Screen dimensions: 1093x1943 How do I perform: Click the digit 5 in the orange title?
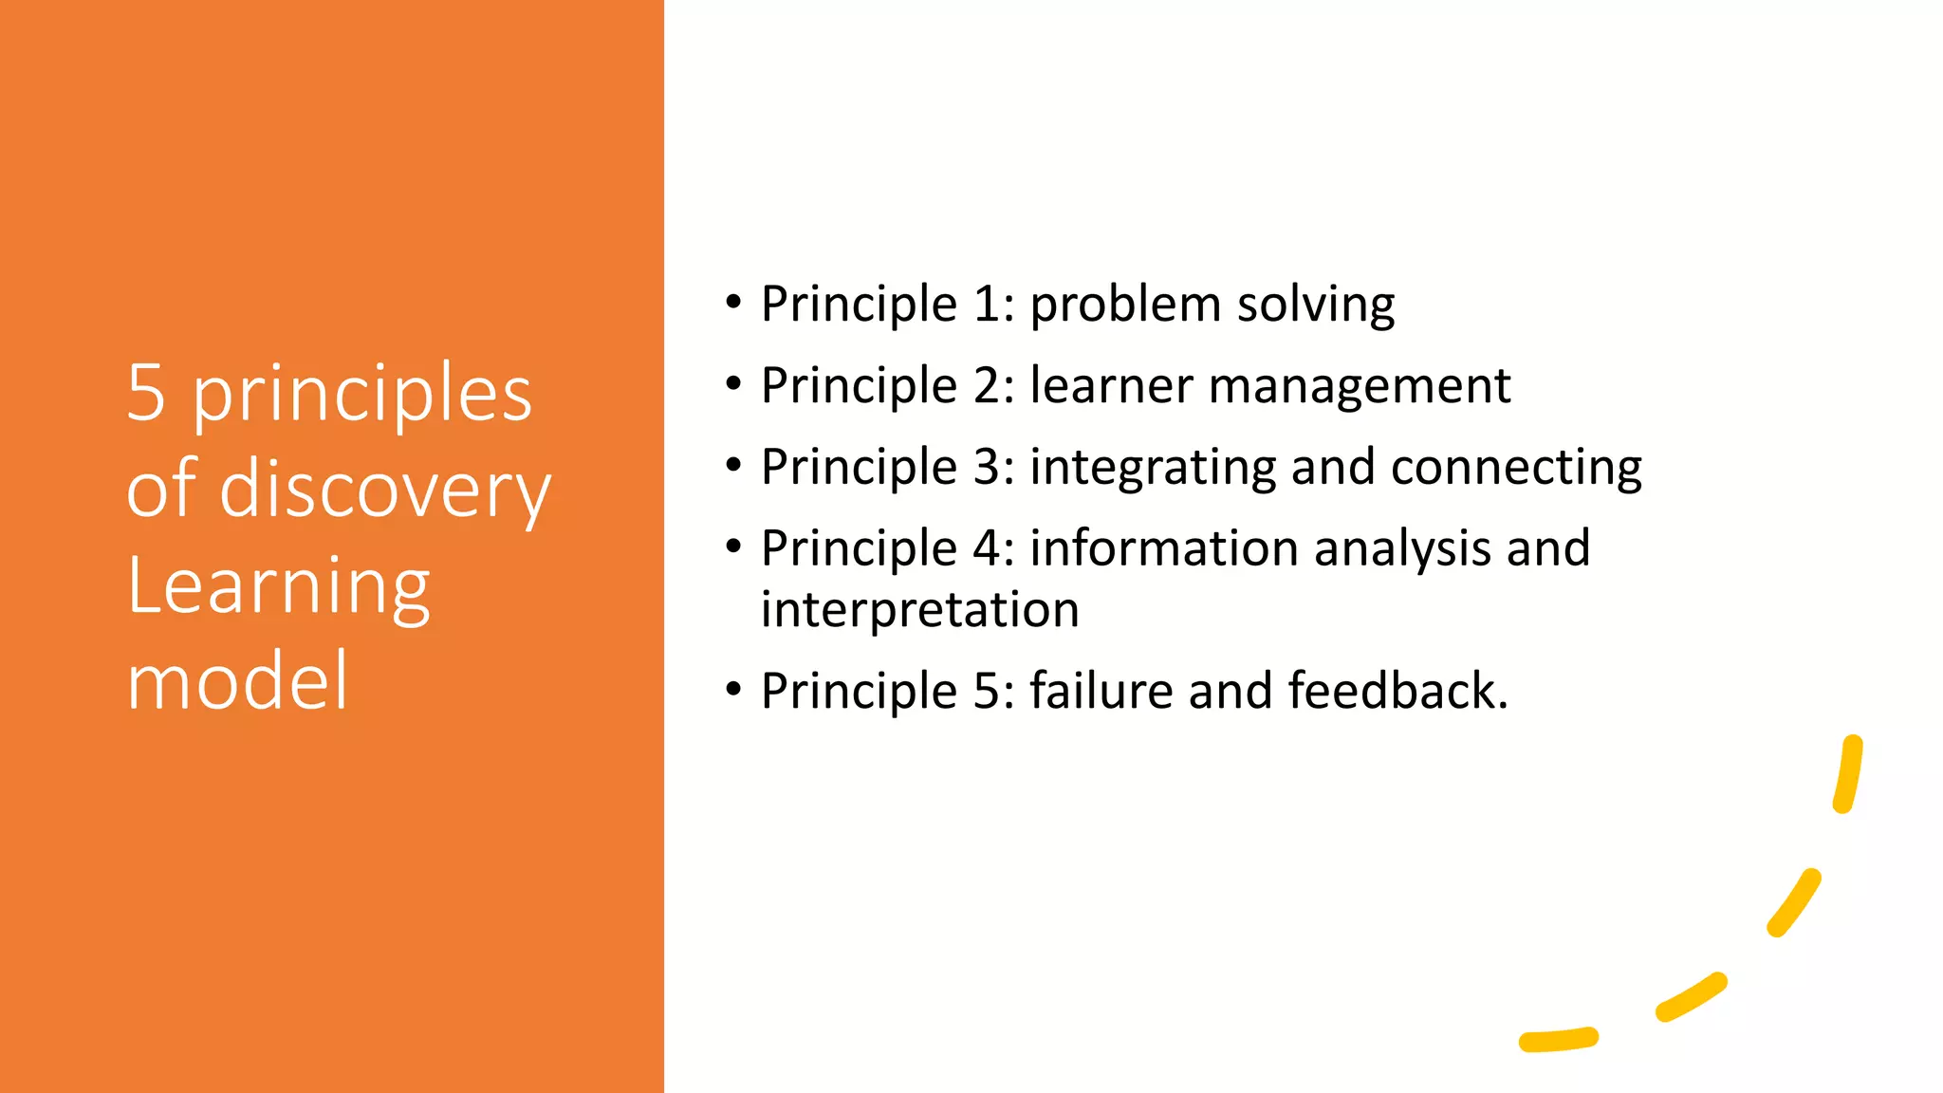[x=146, y=394]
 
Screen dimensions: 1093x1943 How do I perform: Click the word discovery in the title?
[x=385, y=491]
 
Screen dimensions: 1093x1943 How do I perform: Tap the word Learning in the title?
[x=278, y=587]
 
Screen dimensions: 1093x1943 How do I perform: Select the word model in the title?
[x=237, y=681]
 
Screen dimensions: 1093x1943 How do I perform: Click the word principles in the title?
[x=362, y=396]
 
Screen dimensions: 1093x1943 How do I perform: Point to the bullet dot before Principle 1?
[x=732, y=304]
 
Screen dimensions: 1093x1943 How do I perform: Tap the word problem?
[x=1125, y=306]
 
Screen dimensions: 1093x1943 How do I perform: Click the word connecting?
[x=1515, y=469]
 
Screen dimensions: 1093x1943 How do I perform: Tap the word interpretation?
[x=919, y=610]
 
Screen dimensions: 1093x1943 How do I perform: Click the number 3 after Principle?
[x=986, y=468]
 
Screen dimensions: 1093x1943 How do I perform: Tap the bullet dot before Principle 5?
[x=732, y=690]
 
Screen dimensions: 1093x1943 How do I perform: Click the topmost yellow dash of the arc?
[x=1848, y=774]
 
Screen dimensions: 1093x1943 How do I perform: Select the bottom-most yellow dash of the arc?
[x=1559, y=1039]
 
